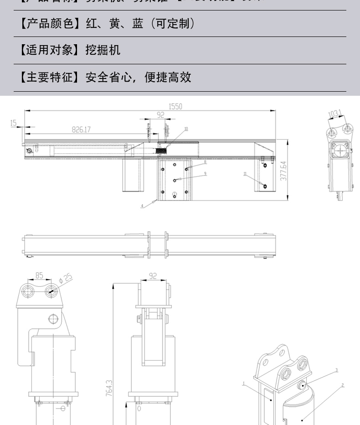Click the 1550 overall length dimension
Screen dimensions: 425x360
tap(175, 106)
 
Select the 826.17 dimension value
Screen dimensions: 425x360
tap(81, 130)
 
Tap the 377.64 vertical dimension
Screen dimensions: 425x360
tap(283, 170)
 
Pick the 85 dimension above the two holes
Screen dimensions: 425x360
tap(39, 275)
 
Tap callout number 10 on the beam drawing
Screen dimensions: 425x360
tap(186, 129)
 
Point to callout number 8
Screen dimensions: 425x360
tap(205, 161)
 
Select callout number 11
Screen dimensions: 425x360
tap(245, 174)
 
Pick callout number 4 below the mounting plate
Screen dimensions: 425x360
tap(142, 206)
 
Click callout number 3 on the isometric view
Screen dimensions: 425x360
tap(336, 370)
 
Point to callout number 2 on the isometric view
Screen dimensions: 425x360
tap(342, 385)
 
